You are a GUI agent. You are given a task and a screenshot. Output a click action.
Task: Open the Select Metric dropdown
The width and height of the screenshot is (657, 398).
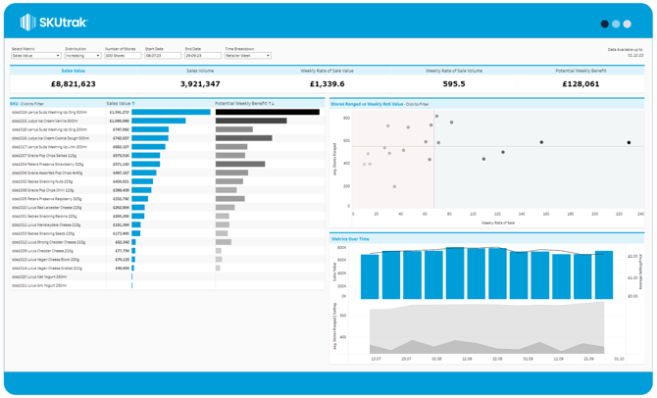point(35,56)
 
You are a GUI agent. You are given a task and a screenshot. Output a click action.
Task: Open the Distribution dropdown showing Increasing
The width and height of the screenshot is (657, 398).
point(82,56)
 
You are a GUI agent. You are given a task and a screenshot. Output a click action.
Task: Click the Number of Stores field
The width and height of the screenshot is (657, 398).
point(122,56)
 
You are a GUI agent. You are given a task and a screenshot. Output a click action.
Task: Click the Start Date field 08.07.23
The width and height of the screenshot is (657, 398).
point(162,56)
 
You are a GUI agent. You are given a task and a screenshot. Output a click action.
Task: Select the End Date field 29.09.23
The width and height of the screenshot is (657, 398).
point(202,56)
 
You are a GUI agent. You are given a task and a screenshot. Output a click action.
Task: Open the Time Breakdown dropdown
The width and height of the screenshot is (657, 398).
point(248,56)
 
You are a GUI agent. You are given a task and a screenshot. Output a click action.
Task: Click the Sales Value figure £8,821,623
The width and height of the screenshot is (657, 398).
point(74,84)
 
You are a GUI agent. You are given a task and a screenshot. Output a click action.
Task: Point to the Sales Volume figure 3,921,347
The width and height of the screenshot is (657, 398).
point(200,84)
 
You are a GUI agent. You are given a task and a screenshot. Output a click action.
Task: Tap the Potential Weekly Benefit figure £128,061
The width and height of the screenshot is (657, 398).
point(581,84)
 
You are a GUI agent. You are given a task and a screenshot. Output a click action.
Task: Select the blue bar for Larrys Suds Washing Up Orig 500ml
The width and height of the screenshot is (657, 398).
point(171,112)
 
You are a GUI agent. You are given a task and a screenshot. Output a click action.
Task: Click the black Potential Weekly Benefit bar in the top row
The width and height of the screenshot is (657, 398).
point(267,112)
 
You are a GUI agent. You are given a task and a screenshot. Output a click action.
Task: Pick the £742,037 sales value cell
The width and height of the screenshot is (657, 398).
point(120,138)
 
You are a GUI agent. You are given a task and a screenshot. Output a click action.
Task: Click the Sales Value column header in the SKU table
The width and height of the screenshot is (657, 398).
point(120,103)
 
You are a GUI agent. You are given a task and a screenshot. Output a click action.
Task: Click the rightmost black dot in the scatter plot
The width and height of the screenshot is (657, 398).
point(630,143)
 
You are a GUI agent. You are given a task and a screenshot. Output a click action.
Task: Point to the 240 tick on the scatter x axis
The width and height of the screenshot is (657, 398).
point(640,214)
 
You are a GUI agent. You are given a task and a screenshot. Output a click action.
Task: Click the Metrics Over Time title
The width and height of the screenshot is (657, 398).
point(350,238)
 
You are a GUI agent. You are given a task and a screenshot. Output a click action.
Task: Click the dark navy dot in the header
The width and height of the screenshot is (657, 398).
point(604,24)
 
